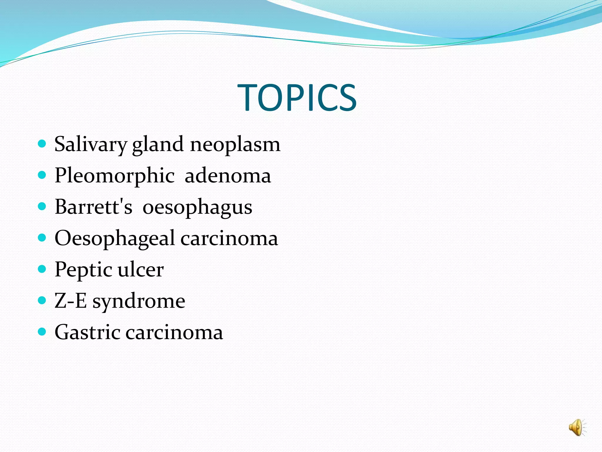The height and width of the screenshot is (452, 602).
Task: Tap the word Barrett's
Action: (x=93, y=207)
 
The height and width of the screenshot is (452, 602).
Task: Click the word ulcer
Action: (x=141, y=270)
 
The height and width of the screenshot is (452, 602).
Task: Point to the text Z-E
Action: (x=71, y=301)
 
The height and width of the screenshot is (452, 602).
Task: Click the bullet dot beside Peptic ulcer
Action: (x=42, y=269)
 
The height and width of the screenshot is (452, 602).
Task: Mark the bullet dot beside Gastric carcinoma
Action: (x=42, y=332)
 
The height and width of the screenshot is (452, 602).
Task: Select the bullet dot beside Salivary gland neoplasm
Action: (x=42, y=144)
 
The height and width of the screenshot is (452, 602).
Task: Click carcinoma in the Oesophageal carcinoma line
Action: (x=229, y=239)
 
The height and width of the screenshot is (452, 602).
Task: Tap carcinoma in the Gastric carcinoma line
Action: (x=174, y=333)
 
